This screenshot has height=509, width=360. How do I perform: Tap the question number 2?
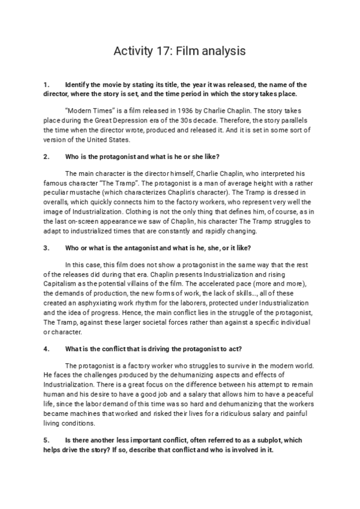click(46, 157)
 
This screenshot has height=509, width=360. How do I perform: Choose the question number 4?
click(46, 348)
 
